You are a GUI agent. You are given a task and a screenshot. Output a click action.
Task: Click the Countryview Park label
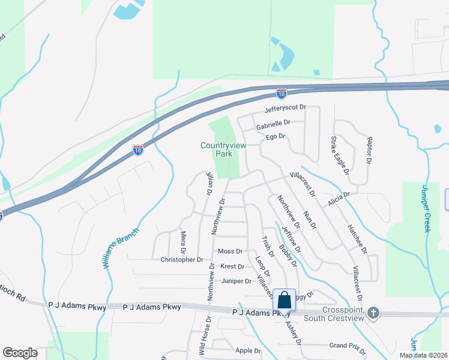tap(215, 149)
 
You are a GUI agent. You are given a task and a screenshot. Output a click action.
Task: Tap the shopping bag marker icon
tap(283, 299)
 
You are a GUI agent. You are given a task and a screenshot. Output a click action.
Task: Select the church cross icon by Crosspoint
tap(373, 313)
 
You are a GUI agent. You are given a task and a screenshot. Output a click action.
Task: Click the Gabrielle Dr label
tap(273, 123)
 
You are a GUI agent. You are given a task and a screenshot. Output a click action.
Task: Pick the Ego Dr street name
tap(274, 137)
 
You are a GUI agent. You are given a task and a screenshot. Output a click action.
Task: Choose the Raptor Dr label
tap(369, 154)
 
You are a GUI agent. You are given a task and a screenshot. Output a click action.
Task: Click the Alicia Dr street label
tap(339, 200)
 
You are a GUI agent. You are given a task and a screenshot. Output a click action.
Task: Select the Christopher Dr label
tap(182, 260)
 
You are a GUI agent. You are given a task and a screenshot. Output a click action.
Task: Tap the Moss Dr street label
tap(231, 251)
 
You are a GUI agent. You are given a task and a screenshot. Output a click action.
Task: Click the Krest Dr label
tap(232, 266)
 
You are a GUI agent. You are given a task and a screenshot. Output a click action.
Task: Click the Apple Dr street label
tap(249, 350)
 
